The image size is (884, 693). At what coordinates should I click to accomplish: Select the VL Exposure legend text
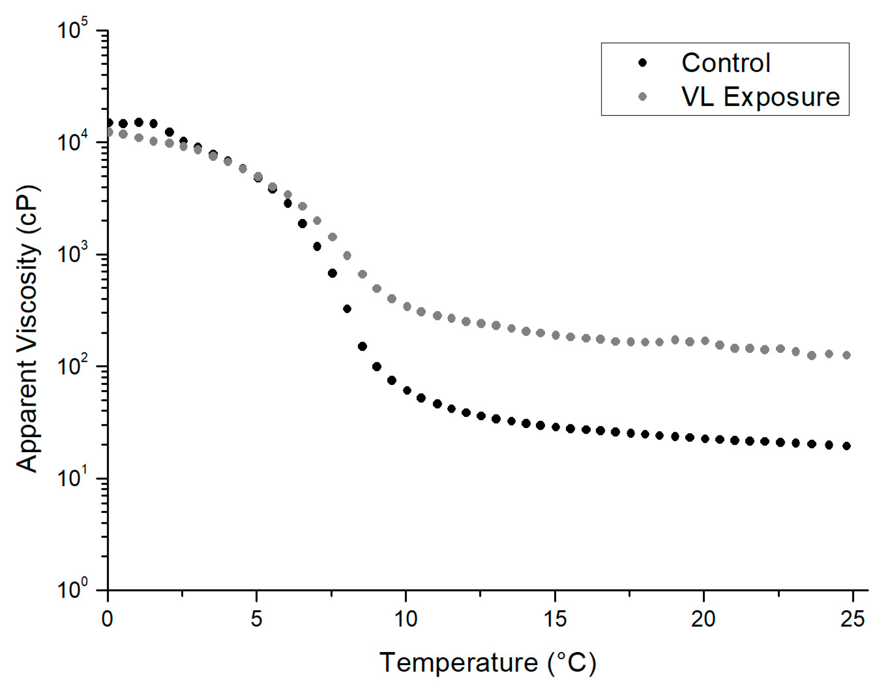point(760,97)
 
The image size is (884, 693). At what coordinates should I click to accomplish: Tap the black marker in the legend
point(643,63)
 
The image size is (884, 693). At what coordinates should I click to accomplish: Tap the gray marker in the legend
point(643,97)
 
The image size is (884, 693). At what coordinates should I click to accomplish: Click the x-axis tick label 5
point(256,619)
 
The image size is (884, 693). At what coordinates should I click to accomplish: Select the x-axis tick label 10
point(405,619)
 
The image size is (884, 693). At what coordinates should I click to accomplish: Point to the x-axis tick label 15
point(555,619)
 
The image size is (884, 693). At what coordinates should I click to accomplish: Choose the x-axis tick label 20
point(703,619)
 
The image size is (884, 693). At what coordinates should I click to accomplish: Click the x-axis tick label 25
point(852,619)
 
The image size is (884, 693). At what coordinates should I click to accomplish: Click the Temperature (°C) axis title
point(488,662)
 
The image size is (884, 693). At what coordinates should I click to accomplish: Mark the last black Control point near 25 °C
point(847,446)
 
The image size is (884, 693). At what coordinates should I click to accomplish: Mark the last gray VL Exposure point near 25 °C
point(847,355)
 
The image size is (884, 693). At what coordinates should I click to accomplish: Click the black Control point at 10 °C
point(407,390)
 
